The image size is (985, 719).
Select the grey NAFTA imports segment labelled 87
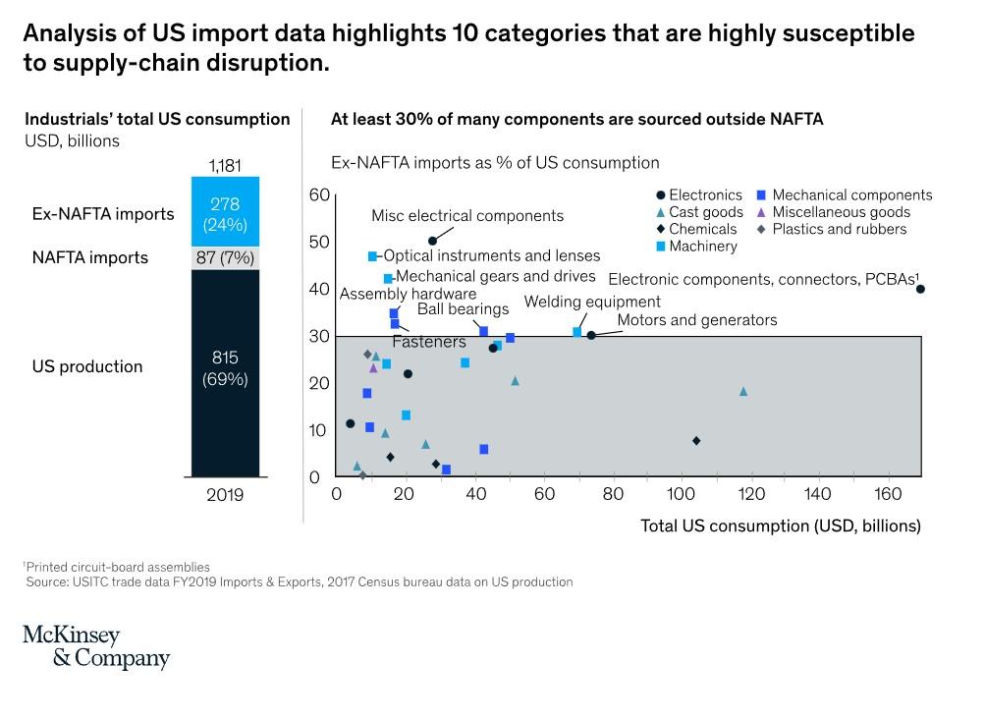[x=224, y=257]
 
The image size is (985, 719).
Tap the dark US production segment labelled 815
[x=224, y=367]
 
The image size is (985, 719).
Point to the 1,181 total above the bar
[x=224, y=165]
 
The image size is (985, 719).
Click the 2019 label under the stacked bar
[x=224, y=495]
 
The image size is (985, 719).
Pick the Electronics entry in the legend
[x=705, y=195]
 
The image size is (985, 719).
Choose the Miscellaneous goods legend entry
[x=841, y=212]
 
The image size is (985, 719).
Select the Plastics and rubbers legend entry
[x=839, y=229]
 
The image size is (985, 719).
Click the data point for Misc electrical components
[x=432, y=241]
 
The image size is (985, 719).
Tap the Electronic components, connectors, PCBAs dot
[x=920, y=289]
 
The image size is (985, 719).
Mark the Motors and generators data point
[x=591, y=335]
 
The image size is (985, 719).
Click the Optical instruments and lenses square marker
[x=372, y=256]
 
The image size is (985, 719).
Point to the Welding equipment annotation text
[x=592, y=303]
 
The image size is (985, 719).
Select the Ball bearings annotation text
[x=463, y=309]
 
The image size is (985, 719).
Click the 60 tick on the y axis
[x=318, y=194]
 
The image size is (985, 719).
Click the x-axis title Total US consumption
[x=781, y=525]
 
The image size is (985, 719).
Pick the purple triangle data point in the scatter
[x=373, y=367]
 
